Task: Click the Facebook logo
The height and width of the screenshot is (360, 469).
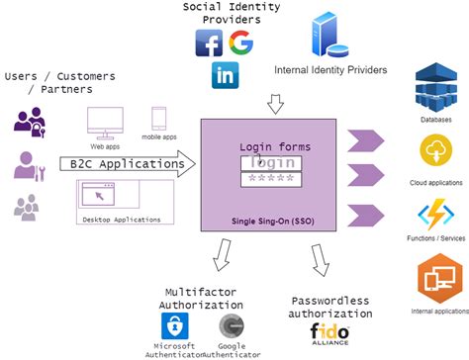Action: click(x=209, y=44)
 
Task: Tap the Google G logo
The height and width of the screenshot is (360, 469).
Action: click(x=240, y=44)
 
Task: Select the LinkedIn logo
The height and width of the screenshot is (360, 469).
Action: click(x=225, y=75)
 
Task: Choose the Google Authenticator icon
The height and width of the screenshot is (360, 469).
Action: click(x=233, y=324)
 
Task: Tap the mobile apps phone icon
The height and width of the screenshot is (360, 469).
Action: click(x=159, y=119)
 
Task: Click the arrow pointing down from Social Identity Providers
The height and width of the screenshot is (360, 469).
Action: click(x=275, y=103)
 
